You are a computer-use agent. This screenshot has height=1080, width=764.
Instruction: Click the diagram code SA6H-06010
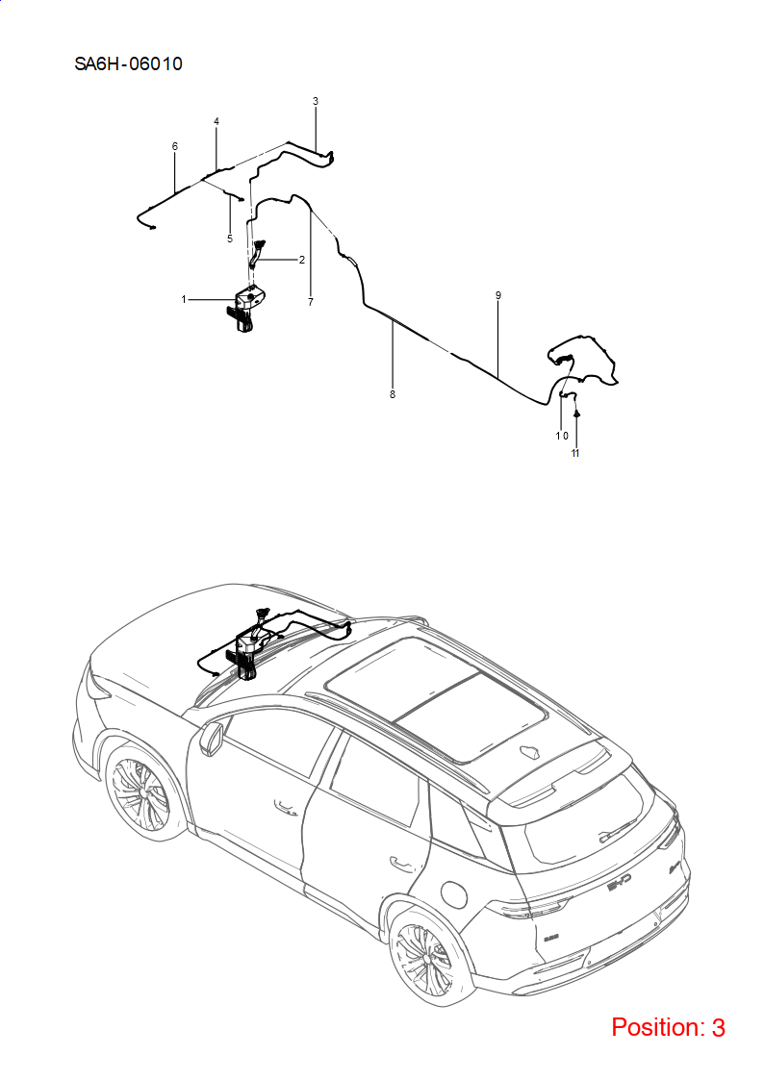129,64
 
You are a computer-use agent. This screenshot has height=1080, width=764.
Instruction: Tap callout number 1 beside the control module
184,300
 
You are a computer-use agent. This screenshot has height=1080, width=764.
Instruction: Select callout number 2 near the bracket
302,261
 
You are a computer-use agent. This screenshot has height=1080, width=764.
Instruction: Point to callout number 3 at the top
316,101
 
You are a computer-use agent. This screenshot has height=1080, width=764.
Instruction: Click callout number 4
216,122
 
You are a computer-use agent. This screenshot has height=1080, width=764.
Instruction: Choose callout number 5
230,239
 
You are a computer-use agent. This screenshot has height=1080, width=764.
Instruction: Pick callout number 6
175,147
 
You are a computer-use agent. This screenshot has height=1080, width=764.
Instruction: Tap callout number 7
311,302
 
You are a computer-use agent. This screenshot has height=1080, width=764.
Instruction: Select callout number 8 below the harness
393,394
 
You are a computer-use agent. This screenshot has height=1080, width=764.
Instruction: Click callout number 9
498,295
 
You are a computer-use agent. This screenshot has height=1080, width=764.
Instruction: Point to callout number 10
562,436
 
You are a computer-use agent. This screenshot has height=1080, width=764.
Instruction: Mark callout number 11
575,453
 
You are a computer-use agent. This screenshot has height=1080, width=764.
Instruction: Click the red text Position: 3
668,1028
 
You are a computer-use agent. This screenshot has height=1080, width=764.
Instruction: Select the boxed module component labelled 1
248,307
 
